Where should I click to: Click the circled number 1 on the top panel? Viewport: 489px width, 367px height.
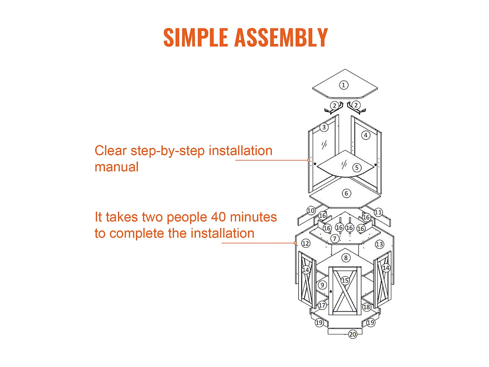click(343, 85)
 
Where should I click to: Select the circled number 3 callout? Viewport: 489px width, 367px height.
click(324, 127)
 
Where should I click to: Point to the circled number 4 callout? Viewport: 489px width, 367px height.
click(365, 135)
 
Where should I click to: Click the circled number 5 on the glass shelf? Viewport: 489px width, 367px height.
click(356, 168)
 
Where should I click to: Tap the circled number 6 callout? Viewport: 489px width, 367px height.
click(346, 193)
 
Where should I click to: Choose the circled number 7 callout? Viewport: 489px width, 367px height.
click(334, 239)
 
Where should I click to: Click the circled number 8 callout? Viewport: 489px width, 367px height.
click(346, 258)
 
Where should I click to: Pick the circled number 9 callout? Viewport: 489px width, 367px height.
click(322, 285)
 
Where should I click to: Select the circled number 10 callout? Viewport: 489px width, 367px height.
click(311, 210)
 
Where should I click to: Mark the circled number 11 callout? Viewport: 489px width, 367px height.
click(378, 212)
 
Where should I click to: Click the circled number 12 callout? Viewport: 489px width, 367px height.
click(305, 243)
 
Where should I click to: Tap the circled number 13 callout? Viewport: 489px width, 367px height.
click(379, 244)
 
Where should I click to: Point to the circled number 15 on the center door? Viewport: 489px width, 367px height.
click(345, 280)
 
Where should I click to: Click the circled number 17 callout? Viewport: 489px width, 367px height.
click(322, 305)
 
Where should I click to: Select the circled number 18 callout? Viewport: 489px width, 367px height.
click(366, 307)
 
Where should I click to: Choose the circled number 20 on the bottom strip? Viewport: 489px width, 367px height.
click(352, 334)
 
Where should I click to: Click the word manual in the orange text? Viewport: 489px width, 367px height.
click(116, 167)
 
